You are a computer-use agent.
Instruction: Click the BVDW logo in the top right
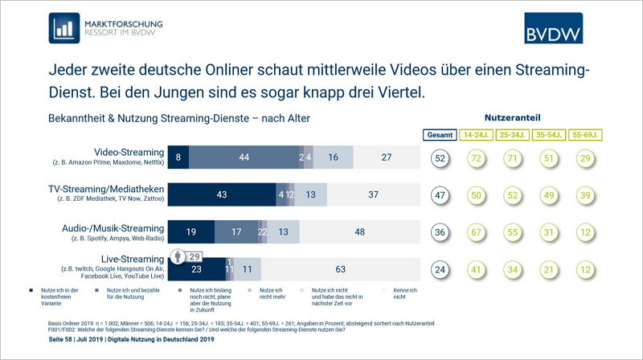coord(553,28)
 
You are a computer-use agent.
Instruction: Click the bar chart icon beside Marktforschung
coord(63,27)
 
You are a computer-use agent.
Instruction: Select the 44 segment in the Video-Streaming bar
coord(243,157)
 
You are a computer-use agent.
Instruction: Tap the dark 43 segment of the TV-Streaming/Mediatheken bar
coord(221,194)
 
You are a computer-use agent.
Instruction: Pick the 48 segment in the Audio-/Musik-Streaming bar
coord(360,231)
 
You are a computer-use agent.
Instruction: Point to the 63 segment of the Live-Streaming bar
coord(341,271)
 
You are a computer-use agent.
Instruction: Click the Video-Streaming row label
coord(129,152)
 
